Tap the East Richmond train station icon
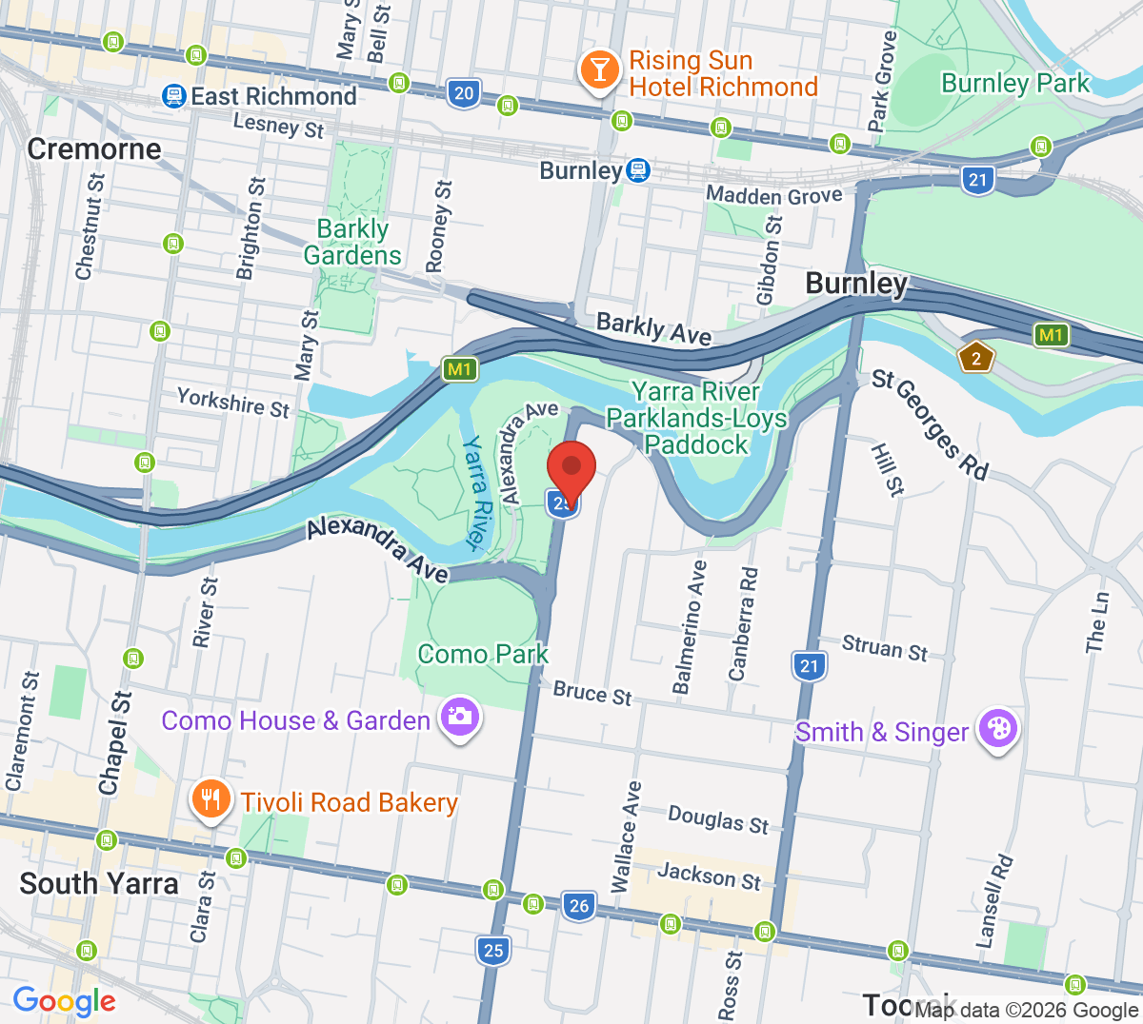click(173, 95)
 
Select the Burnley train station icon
click(638, 171)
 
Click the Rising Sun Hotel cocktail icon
click(600, 70)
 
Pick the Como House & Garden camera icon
click(459, 717)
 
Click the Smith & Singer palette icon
click(997, 730)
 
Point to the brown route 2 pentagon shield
click(976, 358)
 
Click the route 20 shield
click(463, 93)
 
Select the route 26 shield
click(578, 905)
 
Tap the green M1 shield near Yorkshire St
click(459, 369)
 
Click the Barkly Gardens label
click(352, 242)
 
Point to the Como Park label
click(483, 655)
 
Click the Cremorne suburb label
click(94, 148)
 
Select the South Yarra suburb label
click(99, 883)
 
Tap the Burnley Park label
click(1014, 84)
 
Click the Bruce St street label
click(592, 693)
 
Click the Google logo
click(64, 1001)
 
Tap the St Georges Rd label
click(931, 424)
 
